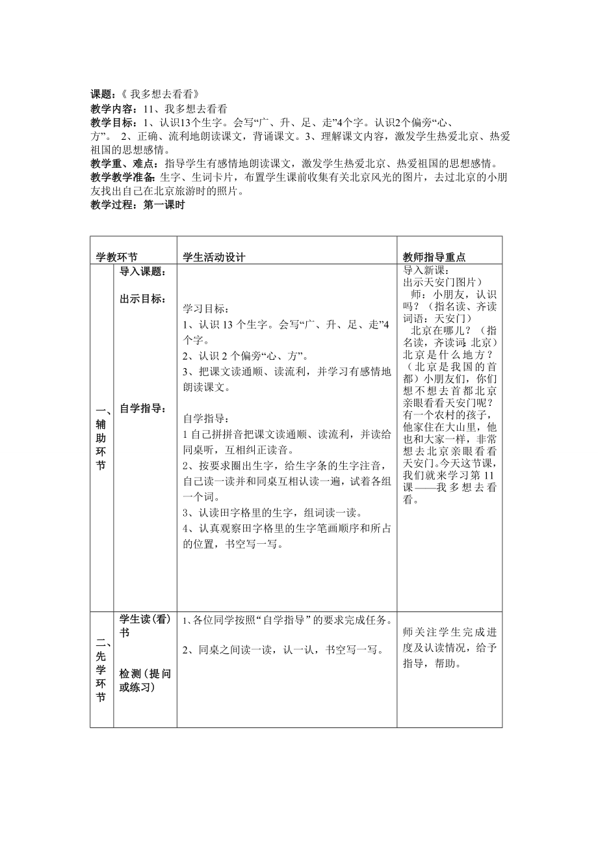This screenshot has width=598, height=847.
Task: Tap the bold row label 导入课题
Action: [x=142, y=271]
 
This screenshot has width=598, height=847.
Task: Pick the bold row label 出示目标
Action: [x=142, y=299]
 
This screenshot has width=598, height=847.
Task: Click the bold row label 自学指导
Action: [x=142, y=409]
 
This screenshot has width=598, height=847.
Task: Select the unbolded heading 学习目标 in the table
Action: [x=205, y=308]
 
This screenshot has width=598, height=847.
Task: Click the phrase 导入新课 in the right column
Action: [x=426, y=271]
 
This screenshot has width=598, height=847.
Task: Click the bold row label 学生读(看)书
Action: [x=144, y=625]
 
